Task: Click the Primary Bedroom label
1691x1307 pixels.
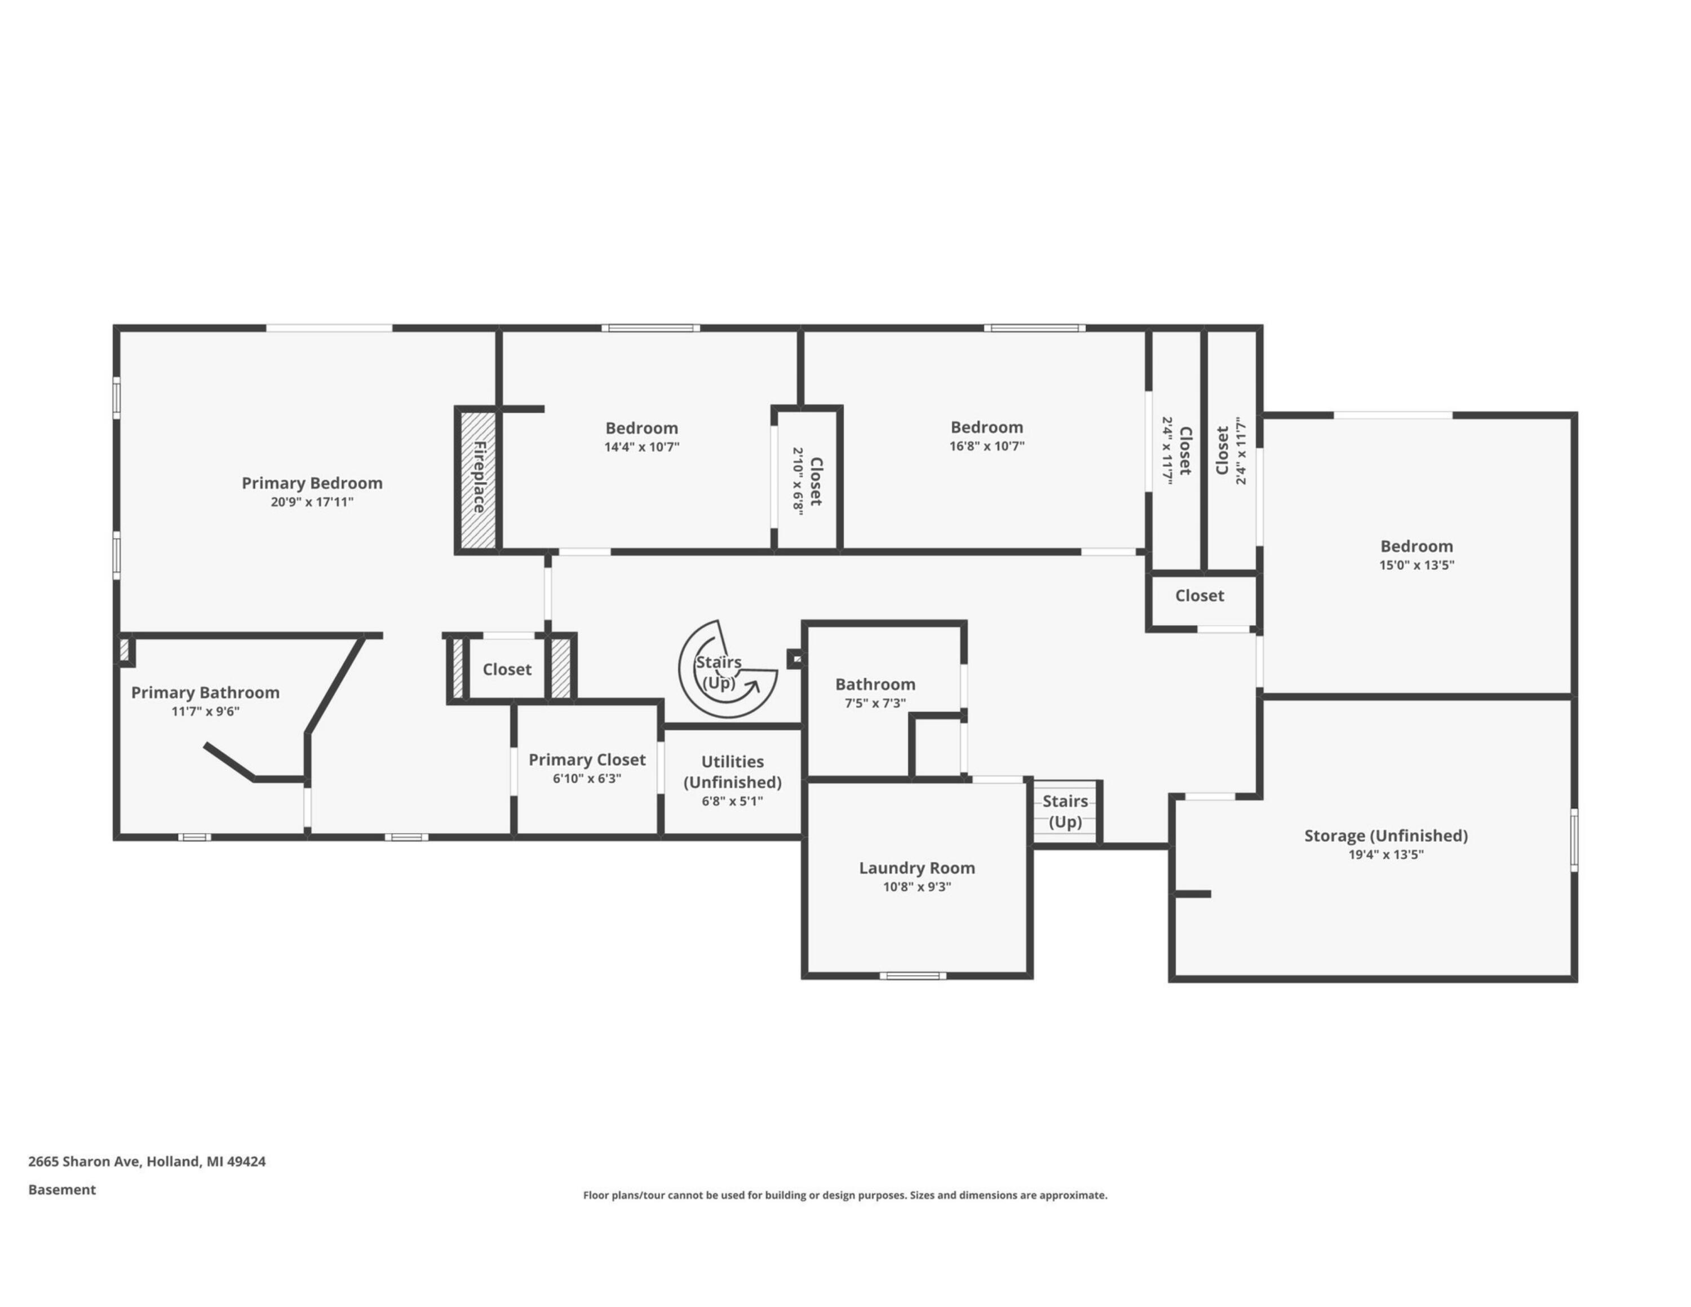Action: pyautogui.click(x=312, y=483)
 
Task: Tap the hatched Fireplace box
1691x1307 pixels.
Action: pyautogui.click(x=479, y=480)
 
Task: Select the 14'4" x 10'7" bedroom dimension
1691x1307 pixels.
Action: pyautogui.click(x=642, y=447)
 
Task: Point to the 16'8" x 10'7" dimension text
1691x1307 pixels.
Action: pyautogui.click(x=987, y=446)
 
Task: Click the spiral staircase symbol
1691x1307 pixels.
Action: pyautogui.click(x=728, y=669)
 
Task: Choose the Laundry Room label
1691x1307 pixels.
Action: pyautogui.click(x=917, y=868)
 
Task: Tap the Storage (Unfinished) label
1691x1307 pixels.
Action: pyautogui.click(x=1386, y=836)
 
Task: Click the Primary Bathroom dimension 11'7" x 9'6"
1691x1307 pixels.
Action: pyautogui.click(x=205, y=712)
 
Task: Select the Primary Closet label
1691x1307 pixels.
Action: pyautogui.click(x=587, y=760)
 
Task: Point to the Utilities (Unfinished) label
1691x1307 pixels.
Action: pyautogui.click(x=732, y=772)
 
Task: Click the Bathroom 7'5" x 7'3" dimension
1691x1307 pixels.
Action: pyautogui.click(x=875, y=703)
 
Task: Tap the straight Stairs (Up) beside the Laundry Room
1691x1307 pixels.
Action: pyautogui.click(x=1065, y=811)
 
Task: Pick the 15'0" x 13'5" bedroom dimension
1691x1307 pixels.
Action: pyautogui.click(x=1417, y=565)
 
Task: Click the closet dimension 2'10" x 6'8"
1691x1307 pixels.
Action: pyautogui.click(x=798, y=481)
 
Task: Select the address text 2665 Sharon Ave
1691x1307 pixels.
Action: pyautogui.click(x=83, y=1162)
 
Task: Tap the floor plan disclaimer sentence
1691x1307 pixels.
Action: pyautogui.click(x=845, y=1195)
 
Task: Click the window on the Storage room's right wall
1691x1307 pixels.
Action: pyautogui.click(x=1574, y=840)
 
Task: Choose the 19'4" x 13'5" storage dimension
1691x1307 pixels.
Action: pyautogui.click(x=1386, y=855)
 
